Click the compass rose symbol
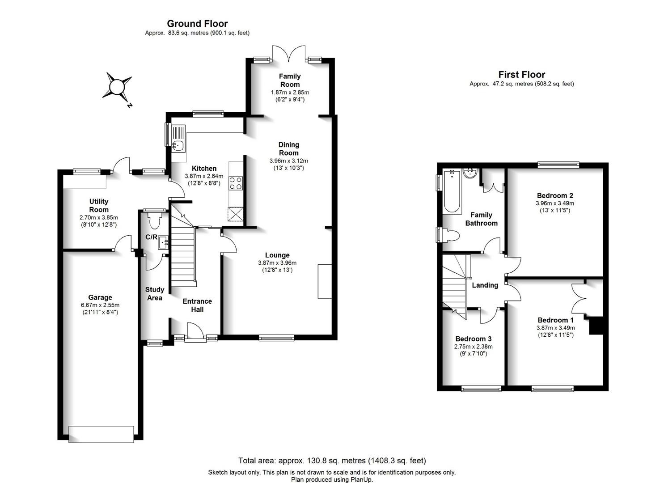coord(117,88)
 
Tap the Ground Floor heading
coord(197,24)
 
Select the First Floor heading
coord(522,74)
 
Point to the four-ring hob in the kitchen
coord(236,183)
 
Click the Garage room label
coord(100,297)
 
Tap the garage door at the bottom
coord(101,434)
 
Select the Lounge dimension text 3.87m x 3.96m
coord(277,263)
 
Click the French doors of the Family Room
coord(289,53)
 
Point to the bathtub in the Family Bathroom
coord(452,191)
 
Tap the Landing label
coord(485,285)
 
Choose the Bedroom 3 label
coord(474,339)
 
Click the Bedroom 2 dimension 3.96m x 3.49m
coord(555,203)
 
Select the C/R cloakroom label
coord(151,237)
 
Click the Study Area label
coord(155,294)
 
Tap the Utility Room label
coord(99,205)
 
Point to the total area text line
coord(332,461)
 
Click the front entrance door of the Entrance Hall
coord(195,330)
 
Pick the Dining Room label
coord(289,149)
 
